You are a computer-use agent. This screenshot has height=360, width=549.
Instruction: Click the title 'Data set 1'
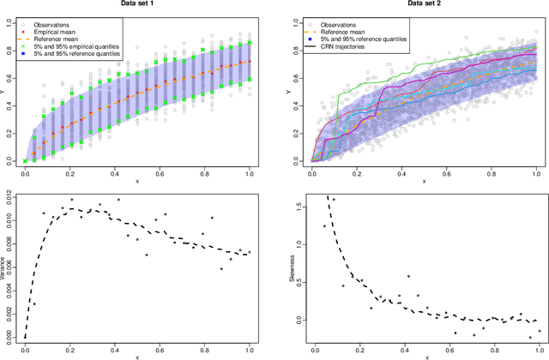click(x=138, y=5)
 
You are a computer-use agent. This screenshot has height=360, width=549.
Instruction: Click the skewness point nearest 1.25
click(x=324, y=226)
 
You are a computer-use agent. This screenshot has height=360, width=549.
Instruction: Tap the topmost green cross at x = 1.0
click(x=250, y=42)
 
